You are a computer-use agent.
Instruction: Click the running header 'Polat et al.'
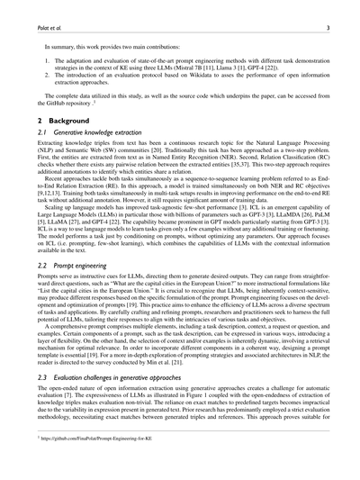point(40,28)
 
